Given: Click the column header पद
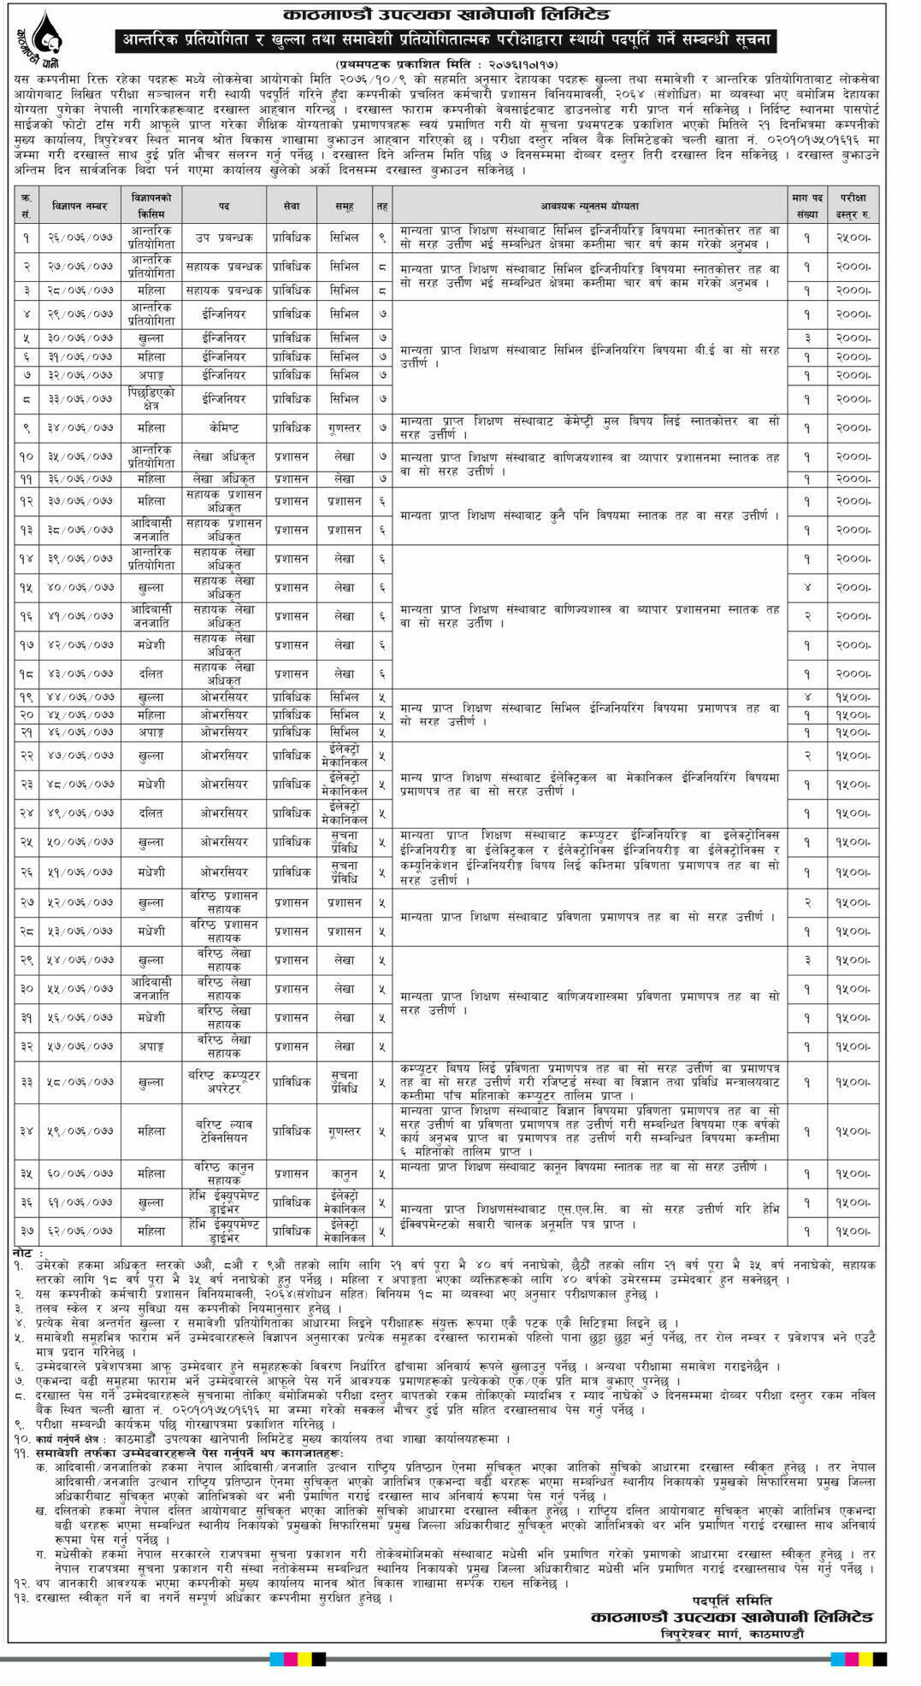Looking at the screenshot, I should (x=223, y=206).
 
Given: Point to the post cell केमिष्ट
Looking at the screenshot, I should (x=223, y=427).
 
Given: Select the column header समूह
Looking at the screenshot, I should (x=345, y=206).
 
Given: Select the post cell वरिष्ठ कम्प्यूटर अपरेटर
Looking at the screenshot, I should (x=223, y=1081).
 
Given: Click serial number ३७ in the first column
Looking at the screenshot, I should (x=26, y=1231).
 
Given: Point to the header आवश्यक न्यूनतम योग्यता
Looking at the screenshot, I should (x=589, y=206).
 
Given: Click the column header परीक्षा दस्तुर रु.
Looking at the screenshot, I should (x=852, y=206).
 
